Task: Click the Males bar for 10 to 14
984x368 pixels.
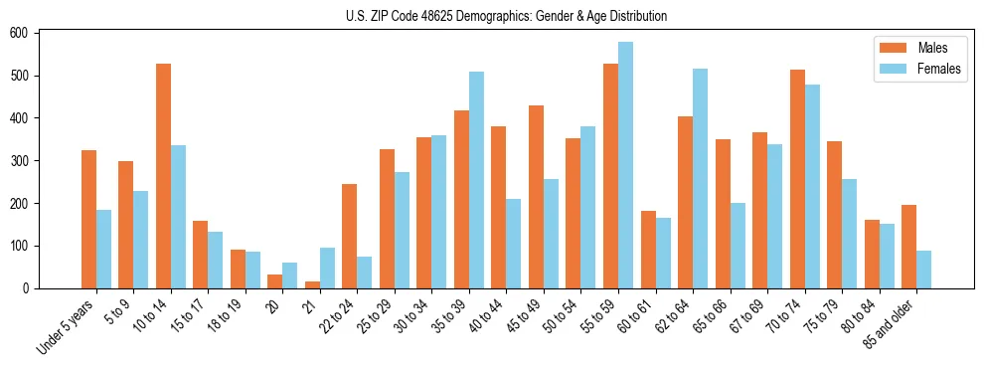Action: [x=163, y=176]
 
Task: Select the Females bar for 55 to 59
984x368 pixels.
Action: [x=625, y=165]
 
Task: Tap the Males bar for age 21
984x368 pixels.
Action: [x=312, y=284]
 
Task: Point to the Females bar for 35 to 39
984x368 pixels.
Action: [x=476, y=180]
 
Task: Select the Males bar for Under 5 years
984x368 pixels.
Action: [x=88, y=219]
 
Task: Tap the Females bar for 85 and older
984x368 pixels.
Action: [x=923, y=270]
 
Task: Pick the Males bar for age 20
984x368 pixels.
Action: [x=275, y=281]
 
